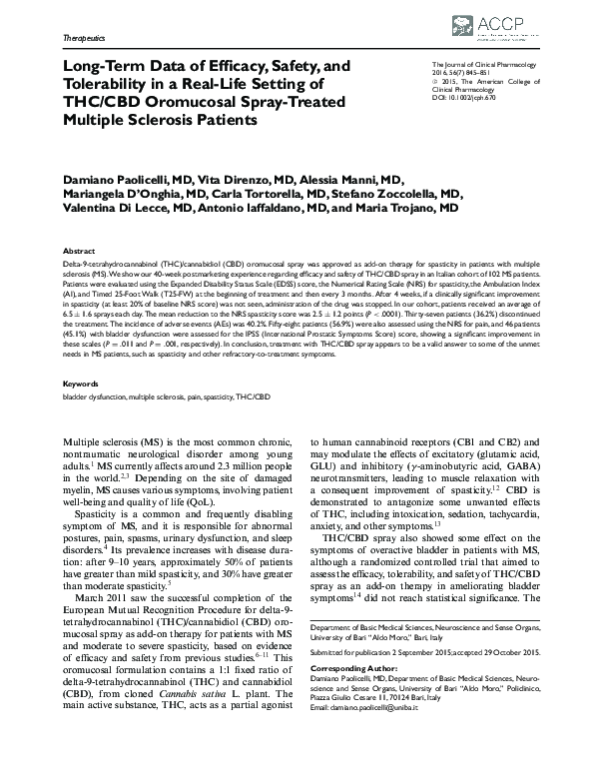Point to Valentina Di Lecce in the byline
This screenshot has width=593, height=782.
click(126, 210)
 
